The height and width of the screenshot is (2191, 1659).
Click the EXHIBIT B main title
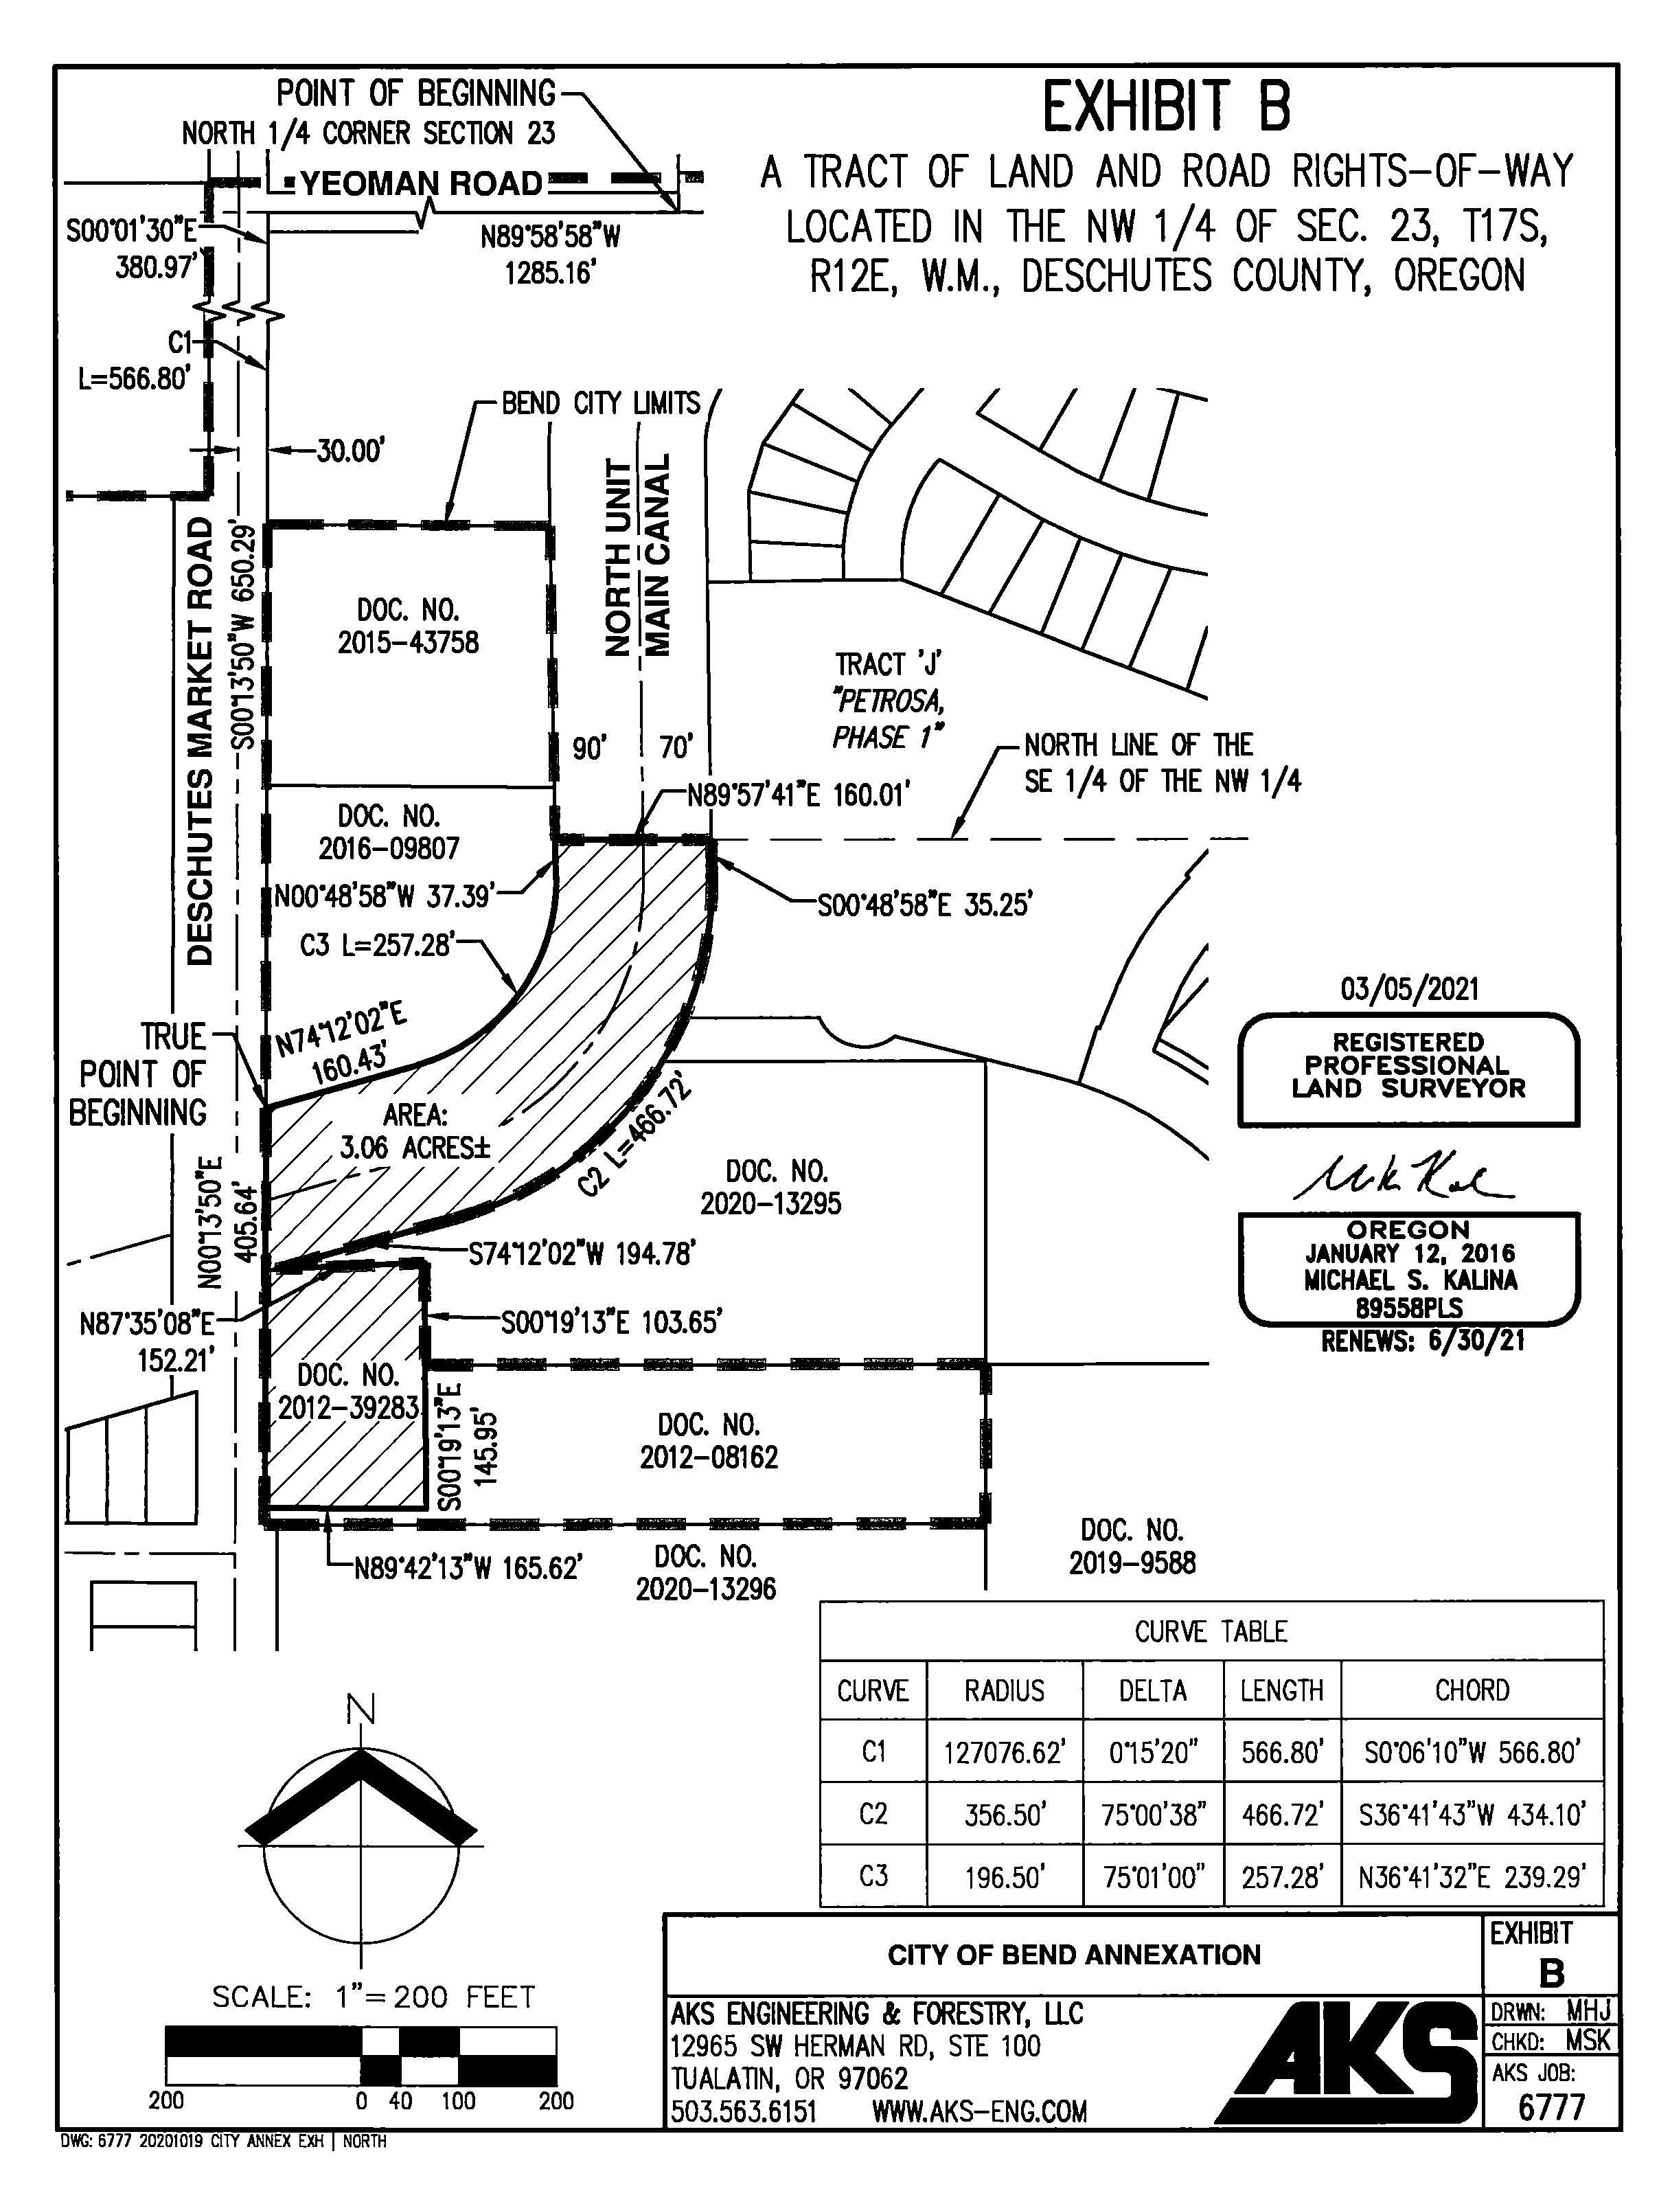(1167, 108)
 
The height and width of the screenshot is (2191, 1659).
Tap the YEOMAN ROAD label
(421, 183)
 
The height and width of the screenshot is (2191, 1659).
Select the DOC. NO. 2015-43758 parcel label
(408, 626)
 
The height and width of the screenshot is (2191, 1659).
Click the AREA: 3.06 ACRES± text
(415, 1131)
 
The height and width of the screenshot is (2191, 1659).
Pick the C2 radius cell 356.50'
(1005, 1815)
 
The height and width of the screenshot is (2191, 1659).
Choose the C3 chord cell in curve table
(1472, 1876)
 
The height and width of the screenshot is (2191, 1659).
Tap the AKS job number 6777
(1551, 2106)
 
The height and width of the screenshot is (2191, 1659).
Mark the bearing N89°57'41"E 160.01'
(799, 795)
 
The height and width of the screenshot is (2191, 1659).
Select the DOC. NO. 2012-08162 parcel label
(709, 1441)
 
